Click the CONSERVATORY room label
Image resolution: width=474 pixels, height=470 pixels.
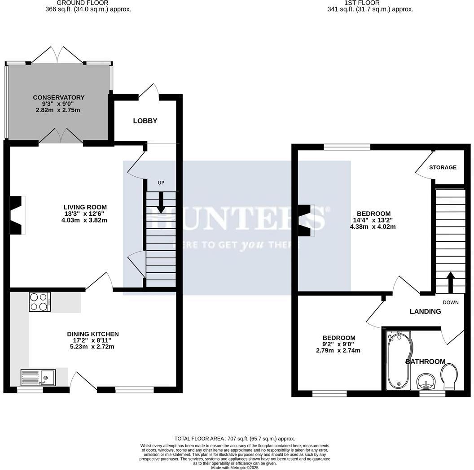pyautogui.click(x=58, y=97)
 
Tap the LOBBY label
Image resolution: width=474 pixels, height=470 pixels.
pyautogui.click(x=145, y=121)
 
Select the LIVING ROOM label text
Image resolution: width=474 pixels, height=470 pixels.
pyautogui.click(x=85, y=207)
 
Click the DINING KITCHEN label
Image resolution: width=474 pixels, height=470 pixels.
pyautogui.click(x=93, y=334)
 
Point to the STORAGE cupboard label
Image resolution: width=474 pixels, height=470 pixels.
pyautogui.click(x=443, y=167)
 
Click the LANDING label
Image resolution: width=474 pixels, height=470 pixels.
pyautogui.click(x=425, y=311)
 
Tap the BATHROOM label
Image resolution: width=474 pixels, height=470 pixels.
pyautogui.click(x=426, y=361)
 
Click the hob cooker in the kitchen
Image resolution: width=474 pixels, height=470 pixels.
pyautogui.click(x=39, y=301)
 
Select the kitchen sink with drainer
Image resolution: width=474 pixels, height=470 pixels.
pyautogui.click(x=38, y=377)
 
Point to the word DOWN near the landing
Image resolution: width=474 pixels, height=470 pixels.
pyautogui.click(x=451, y=302)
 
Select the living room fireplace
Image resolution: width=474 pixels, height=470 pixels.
pyautogui.click(x=17, y=215)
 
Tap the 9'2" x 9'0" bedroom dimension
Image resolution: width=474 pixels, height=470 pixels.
pyautogui.click(x=339, y=344)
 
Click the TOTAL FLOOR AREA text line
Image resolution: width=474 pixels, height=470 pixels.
pyautogui.click(x=235, y=438)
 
